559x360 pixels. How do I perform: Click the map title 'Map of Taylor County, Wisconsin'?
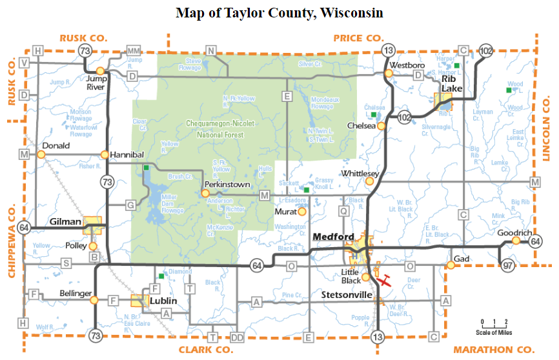(x=279, y=13)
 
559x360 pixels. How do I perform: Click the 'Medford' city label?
(x=332, y=236)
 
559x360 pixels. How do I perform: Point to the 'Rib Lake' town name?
(x=451, y=84)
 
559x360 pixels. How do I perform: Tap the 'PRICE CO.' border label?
(x=358, y=38)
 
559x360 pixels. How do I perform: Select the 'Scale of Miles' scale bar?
(x=494, y=326)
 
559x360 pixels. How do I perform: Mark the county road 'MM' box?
(x=134, y=50)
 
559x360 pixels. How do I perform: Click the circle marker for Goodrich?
(x=516, y=241)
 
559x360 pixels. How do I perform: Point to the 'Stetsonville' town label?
(x=347, y=295)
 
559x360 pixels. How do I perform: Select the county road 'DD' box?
(x=237, y=337)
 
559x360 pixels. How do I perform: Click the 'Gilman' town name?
(x=65, y=222)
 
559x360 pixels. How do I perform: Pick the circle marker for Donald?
(x=41, y=155)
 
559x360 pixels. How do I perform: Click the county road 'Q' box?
(x=343, y=210)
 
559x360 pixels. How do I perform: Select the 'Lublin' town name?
(x=164, y=301)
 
